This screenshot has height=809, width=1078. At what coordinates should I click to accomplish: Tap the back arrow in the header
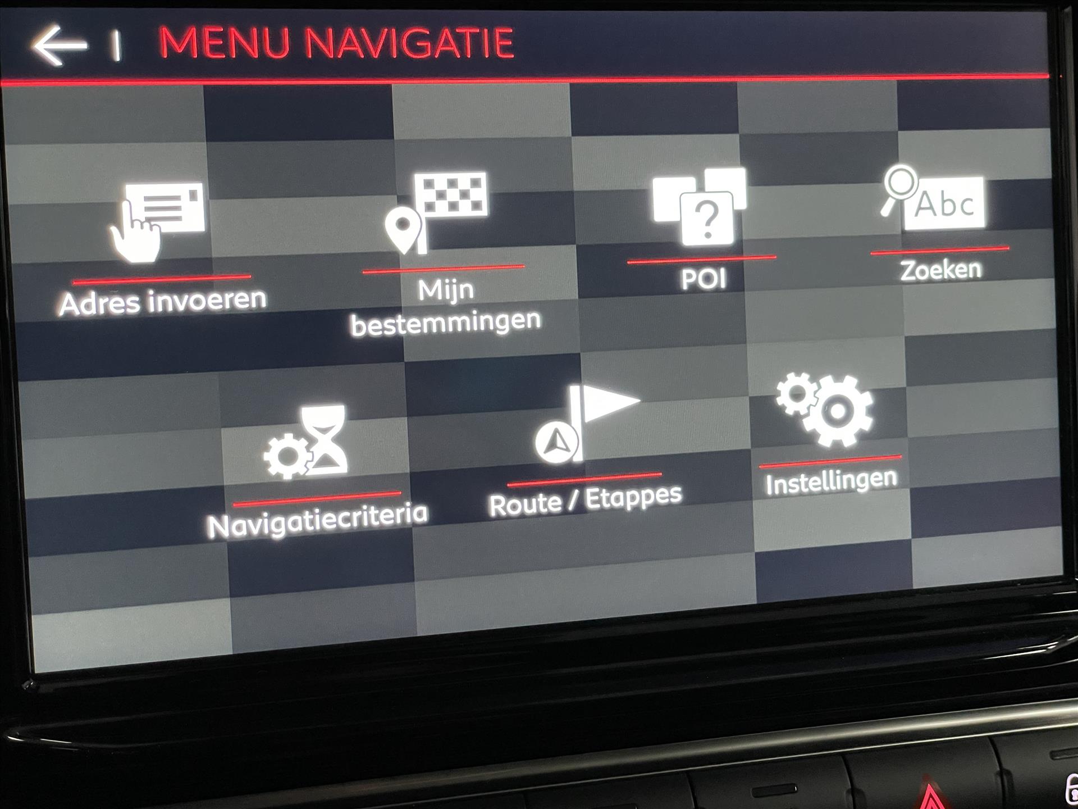coord(59,45)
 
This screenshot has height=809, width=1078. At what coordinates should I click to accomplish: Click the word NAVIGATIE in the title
coord(409,43)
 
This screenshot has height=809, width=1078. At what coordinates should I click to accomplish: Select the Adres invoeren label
coord(163,301)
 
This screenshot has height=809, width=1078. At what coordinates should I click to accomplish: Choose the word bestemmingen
coord(446,323)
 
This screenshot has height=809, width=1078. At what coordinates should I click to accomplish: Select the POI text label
coord(704,279)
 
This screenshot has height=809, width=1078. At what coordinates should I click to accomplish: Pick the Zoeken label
coord(941,270)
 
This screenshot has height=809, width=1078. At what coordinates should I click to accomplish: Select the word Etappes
coord(633,498)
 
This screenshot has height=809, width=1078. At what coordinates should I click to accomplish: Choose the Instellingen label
coord(832,482)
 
